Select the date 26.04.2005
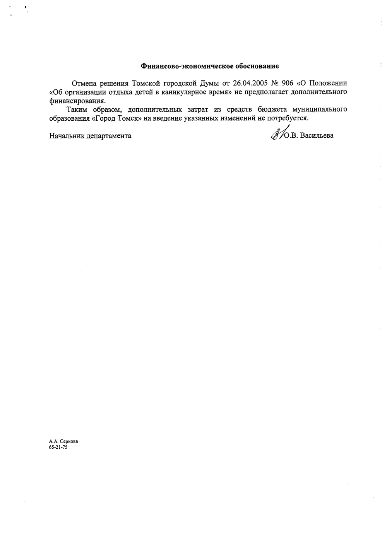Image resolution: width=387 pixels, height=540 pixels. pyautogui.click(x=250, y=83)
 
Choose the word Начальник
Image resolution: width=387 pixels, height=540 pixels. pyautogui.click(x=67, y=135)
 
